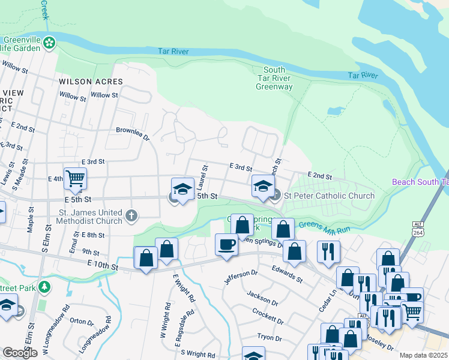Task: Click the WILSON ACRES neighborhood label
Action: pos(91,82)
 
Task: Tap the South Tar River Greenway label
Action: pos(274,79)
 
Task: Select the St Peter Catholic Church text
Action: pos(329,196)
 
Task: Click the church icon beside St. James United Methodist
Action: pos(132,215)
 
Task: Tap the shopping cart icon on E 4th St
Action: pos(75,178)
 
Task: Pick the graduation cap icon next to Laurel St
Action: pos(182,189)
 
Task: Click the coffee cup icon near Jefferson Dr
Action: pos(226,245)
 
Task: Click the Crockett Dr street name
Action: pos(268,316)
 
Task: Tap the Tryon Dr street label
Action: pos(270,338)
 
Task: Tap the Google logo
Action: pos(20,352)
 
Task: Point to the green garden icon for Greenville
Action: pos(49,43)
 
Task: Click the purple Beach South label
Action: pos(420,182)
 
